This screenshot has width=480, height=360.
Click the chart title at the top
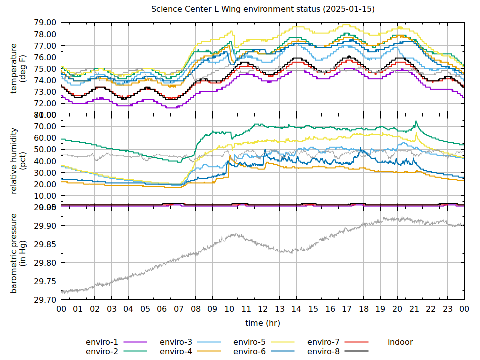coord(263,9)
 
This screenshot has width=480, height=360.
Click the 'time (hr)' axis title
coord(263,323)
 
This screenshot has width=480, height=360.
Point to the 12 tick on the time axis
coord(263,309)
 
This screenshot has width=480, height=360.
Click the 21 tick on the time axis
coord(414,309)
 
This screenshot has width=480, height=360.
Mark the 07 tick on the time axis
coord(179,309)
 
